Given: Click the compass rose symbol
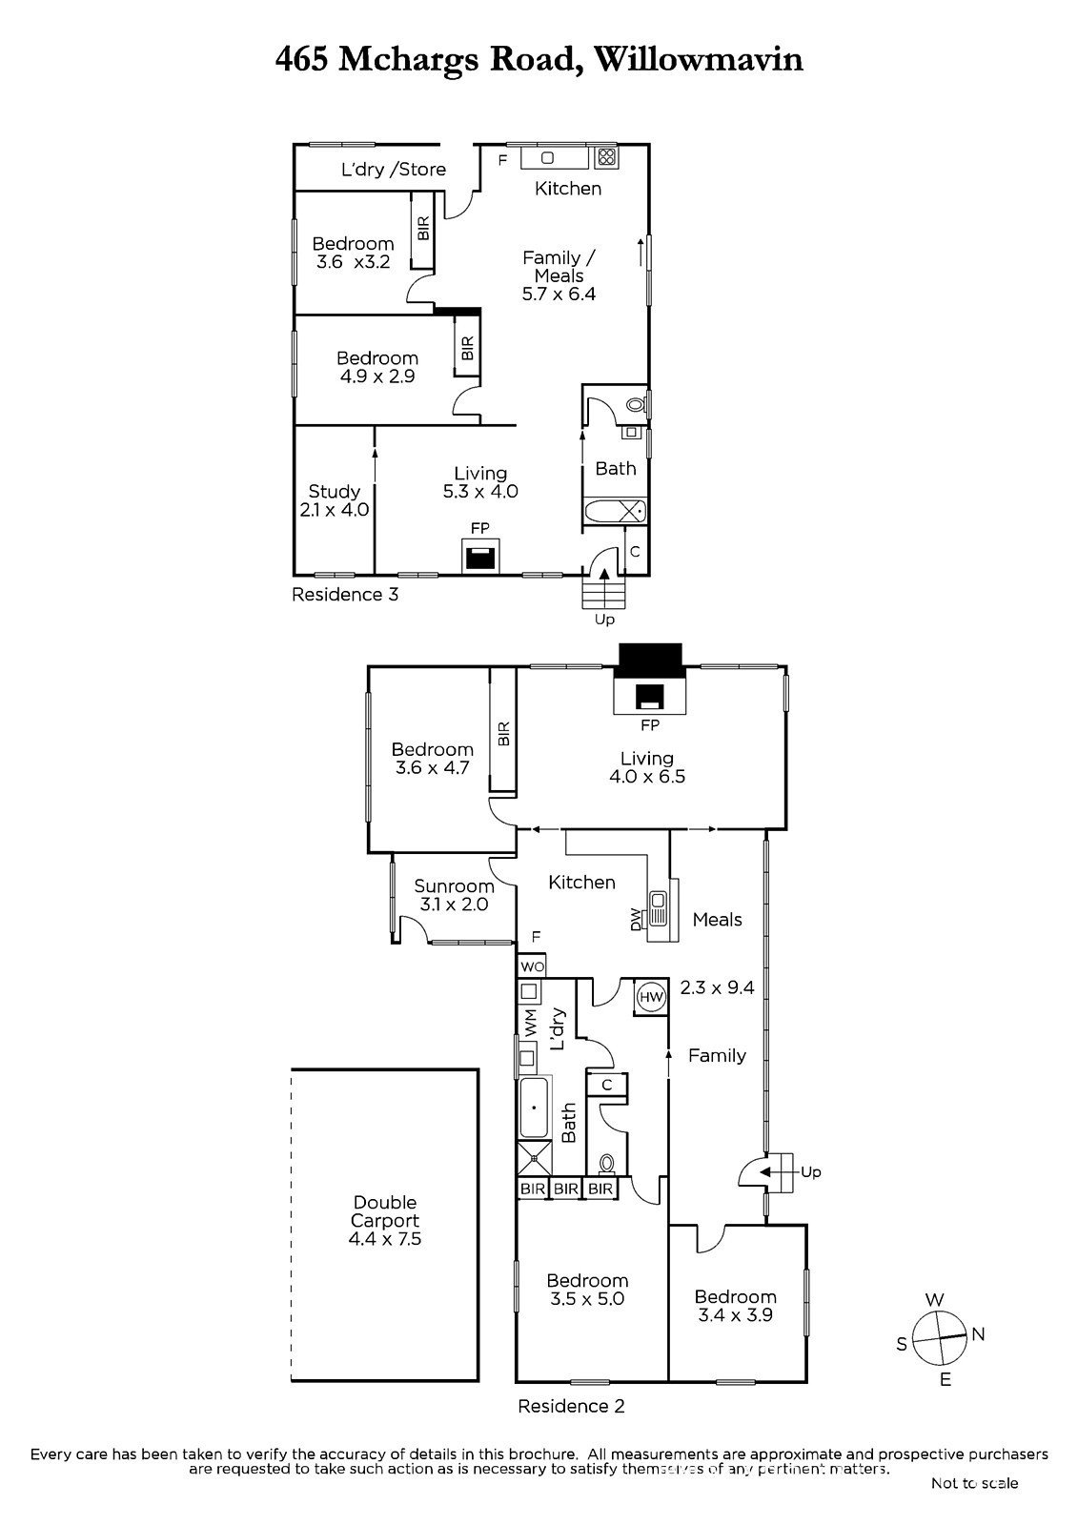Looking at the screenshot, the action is (x=939, y=1338).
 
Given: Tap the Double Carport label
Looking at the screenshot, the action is (x=385, y=1220).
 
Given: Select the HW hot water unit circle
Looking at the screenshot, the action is (x=651, y=997).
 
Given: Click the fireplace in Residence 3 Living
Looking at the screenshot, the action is (x=480, y=555).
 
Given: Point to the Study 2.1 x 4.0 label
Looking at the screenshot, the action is (x=334, y=499).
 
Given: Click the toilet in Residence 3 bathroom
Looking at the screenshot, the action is (x=636, y=404).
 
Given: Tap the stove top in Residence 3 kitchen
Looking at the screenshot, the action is (x=605, y=158).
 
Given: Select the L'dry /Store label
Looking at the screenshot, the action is (x=394, y=170).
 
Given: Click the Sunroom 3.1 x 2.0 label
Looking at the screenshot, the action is (x=454, y=895).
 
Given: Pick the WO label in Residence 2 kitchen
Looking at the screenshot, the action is (x=532, y=966).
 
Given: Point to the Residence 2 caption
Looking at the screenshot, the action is (x=571, y=1406).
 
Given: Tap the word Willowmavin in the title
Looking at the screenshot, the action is (x=699, y=59).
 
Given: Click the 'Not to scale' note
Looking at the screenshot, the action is (x=974, y=1483).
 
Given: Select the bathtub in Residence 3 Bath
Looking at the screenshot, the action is (x=614, y=511).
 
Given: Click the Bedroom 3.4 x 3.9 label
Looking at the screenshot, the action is (x=735, y=1305).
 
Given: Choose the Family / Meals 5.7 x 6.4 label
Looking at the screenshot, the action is (x=559, y=275).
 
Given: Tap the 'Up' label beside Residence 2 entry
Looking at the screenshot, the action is (x=811, y=1171).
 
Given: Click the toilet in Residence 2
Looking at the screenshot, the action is (x=607, y=1164).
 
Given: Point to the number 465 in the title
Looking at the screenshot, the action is (x=302, y=59).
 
